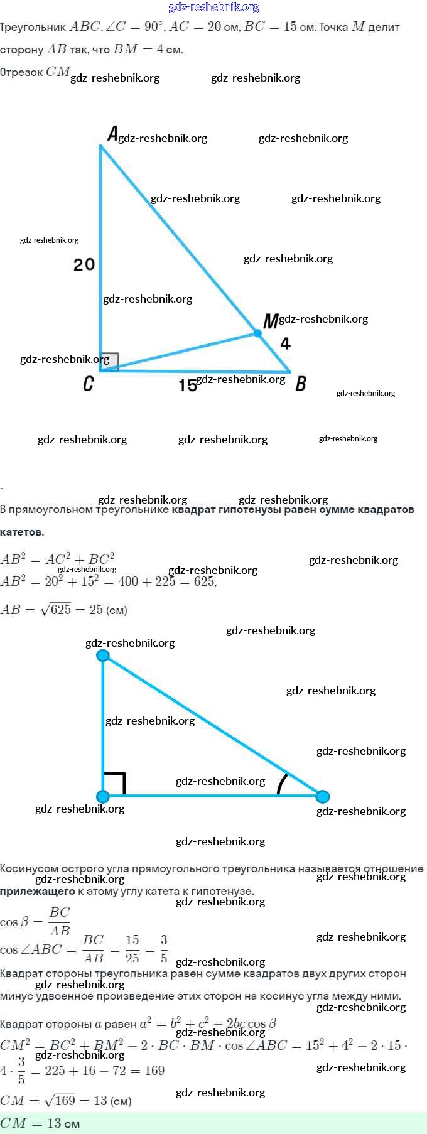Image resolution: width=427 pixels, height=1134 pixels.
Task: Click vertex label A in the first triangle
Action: pyautogui.click(x=112, y=134)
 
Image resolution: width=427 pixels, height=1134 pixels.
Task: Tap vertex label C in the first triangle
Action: pyautogui.click(x=89, y=383)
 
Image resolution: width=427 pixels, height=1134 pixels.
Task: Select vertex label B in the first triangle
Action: pyautogui.click(x=301, y=383)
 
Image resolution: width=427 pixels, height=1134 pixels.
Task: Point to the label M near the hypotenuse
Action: pyautogui.click(x=270, y=321)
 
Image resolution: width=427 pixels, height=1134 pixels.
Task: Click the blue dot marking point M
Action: pyautogui.click(x=257, y=333)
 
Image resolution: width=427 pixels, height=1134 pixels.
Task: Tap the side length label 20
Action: pyautogui.click(x=84, y=264)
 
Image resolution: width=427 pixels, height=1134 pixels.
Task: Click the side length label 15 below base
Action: pyautogui.click(x=188, y=385)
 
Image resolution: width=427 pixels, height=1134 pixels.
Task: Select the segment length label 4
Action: pyautogui.click(x=286, y=343)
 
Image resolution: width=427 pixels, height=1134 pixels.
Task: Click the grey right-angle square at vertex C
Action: pyautogui.click(x=109, y=362)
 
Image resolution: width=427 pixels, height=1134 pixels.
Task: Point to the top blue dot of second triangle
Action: pyautogui.click(x=103, y=656)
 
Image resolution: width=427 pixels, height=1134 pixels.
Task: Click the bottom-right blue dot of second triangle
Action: pyautogui.click(x=322, y=796)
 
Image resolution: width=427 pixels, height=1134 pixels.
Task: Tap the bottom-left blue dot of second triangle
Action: pyautogui.click(x=103, y=796)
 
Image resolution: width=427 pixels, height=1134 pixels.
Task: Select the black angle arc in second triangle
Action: pyautogui.click(x=282, y=784)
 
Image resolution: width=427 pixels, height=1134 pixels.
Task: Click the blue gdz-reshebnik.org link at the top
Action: pyautogui.click(x=213, y=8)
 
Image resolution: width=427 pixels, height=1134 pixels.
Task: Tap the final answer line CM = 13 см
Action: pyautogui.click(x=40, y=1123)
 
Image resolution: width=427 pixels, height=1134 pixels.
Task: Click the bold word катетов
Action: pyautogui.click(x=22, y=532)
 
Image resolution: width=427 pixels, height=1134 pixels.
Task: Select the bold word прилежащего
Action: pyautogui.click(x=37, y=891)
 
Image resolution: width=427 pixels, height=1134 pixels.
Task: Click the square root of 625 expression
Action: pyautogui.click(x=56, y=609)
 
